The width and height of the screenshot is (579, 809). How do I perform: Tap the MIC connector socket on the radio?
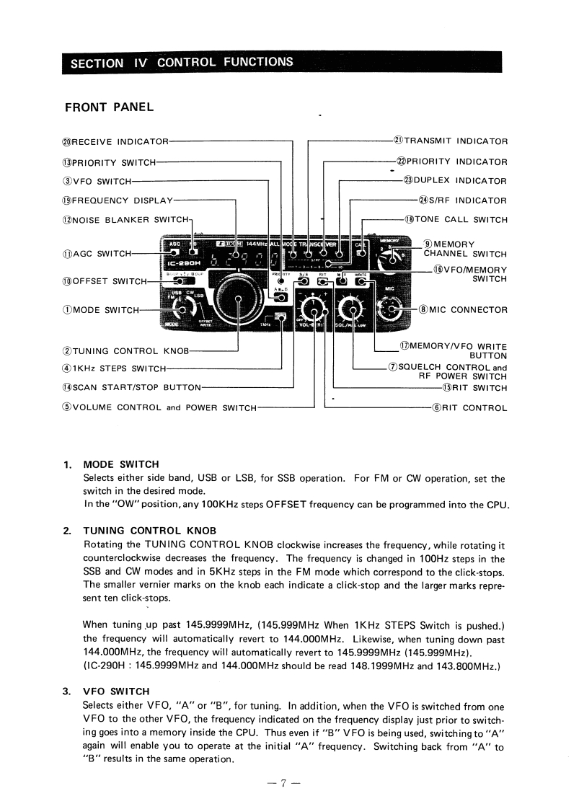pyautogui.click(x=392, y=310)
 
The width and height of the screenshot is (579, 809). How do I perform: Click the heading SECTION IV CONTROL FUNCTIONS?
pyautogui.click(x=182, y=62)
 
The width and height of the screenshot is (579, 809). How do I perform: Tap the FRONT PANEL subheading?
pyautogui.click(x=109, y=107)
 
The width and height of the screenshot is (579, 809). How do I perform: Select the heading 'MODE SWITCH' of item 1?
pyautogui.click(x=121, y=464)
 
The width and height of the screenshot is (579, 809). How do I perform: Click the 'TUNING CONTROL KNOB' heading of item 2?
pyautogui.click(x=150, y=530)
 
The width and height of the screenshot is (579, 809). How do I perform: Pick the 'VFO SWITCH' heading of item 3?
pyautogui.click(x=117, y=691)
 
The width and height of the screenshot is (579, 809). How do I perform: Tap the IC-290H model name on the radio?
pyautogui.click(x=182, y=264)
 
